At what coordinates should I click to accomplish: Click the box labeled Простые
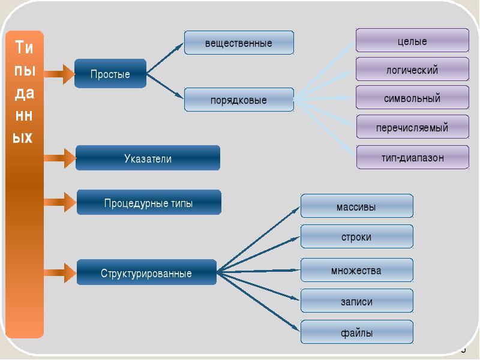[x=110, y=74]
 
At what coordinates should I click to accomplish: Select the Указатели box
[x=148, y=158]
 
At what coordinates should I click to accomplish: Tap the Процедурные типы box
[x=149, y=203]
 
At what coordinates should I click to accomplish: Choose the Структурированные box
[x=146, y=273]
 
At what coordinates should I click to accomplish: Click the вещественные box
[x=239, y=43]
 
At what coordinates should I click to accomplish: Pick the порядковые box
[x=239, y=100]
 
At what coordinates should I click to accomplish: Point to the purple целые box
[x=412, y=41]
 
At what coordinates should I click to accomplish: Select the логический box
[x=412, y=70]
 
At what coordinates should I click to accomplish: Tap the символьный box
[x=412, y=98]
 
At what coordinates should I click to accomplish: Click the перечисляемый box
[x=412, y=127]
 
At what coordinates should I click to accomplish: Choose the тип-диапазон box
[x=412, y=157]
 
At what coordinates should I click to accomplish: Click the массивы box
[x=356, y=206]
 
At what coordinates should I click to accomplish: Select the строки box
[x=356, y=237]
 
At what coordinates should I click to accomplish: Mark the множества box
[x=356, y=270]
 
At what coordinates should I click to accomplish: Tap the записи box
[x=356, y=301]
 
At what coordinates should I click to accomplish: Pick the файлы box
[x=356, y=332]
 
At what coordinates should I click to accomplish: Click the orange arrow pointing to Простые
[x=59, y=74]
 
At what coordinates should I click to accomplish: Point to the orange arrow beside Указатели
[x=60, y=159]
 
